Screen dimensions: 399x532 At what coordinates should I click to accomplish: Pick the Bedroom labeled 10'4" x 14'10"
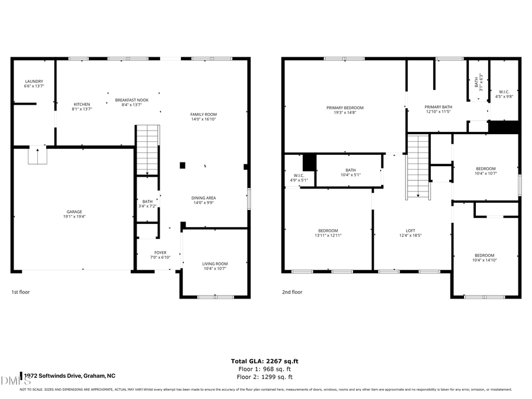pyautogui.click(x=484, y=257)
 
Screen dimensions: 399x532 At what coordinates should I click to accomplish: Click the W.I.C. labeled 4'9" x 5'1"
pyautogui.click(x=299, y=177)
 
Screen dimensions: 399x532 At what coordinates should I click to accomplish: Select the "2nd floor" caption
pyautogui.click(x=293, y=292)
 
